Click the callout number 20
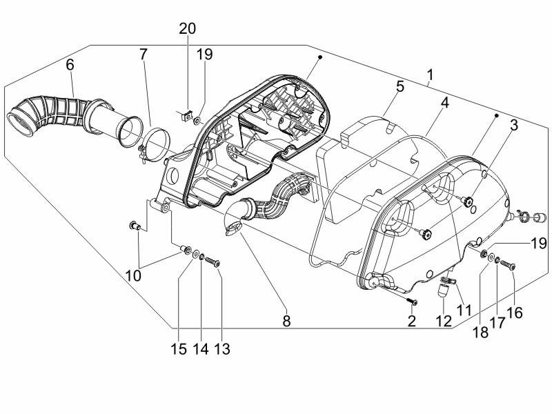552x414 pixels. pyautogui.click(x=188, y=29)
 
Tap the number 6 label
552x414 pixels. pyautogui.click(x=70, y=65)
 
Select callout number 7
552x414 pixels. pyautogui.click(x=143, y=53)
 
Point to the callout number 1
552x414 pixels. pyautogui.click(x=430, y=74)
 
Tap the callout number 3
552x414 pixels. pyautogui.click(x=513, y=125)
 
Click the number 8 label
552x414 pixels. pyautogui.click(x=286, y=321)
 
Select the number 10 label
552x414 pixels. pyautogui.click(x=133, y=275)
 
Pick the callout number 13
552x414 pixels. pyautogui.click(x=221, y=349)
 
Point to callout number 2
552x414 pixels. pyautogui.click(x=412, y=321)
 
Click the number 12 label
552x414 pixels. pyautogui.click(x=443, y=321)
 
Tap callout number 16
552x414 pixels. pyautogui.click(x=514, y=313)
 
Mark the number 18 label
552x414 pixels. pyautogui.click(x=480, y=331)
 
